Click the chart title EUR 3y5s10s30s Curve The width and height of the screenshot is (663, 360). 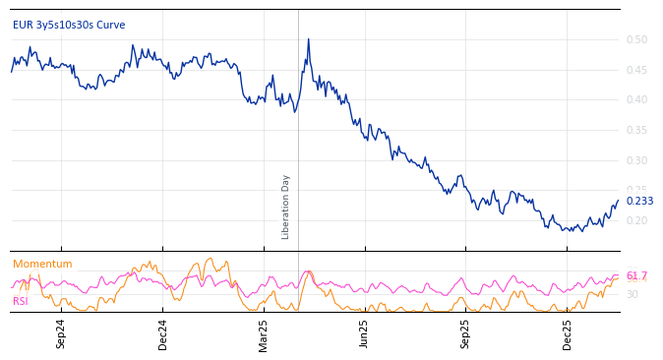(69, 25)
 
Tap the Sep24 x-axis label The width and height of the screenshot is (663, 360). (61, 333)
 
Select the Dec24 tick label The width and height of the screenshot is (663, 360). (163, 333)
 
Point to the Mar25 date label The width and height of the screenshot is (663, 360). (264, 333)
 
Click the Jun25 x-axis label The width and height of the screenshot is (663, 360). (365, 333)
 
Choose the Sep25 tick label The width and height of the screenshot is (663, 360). (466, 333)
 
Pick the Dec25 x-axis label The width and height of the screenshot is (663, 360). (568, 333)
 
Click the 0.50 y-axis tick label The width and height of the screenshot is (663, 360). (636, 39)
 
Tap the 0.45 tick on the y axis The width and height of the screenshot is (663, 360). (636, 70)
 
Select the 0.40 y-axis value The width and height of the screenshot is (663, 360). (636, 99)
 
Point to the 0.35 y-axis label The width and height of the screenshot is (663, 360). (636, 130)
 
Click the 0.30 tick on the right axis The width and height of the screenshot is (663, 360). (636, 160)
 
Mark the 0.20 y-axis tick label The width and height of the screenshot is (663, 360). (636, 220)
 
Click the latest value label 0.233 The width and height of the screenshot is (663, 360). (639, 202)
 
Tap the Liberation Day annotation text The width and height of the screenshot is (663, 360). (286, 207)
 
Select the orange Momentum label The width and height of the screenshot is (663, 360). (42, 265)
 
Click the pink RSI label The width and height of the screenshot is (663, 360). (21, 301)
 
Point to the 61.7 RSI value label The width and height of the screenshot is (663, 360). (636, 276)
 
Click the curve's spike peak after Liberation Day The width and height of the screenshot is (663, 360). (308, 39)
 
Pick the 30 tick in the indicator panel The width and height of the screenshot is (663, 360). (633, 294)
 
